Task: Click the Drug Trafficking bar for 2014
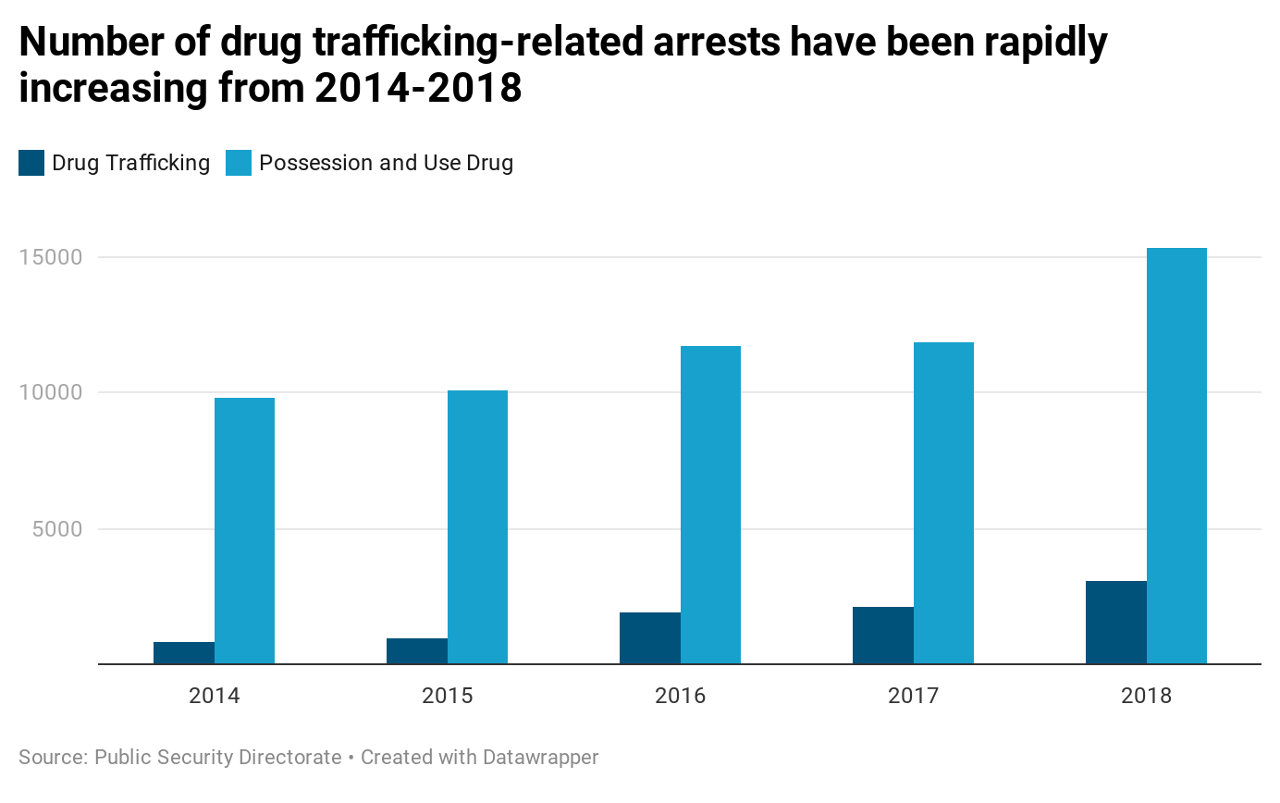(184, 653)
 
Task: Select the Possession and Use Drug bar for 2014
(244, 531)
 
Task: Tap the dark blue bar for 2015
(417, 651)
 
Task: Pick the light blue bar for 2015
(477, 527)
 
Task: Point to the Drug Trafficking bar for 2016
(650, 638)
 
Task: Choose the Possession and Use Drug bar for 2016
(710, 505)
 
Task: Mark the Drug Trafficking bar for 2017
(883, 636)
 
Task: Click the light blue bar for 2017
(943, 503)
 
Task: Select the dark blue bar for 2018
(1116, 623)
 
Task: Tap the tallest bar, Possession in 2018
(1176, 456)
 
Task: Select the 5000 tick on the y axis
(57, 529)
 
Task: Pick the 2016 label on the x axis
(681, 696)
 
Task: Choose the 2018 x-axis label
(1147, 696)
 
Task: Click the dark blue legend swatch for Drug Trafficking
(31, 164)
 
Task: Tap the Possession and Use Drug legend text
(386, 164)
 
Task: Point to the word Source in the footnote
(51, 758)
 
